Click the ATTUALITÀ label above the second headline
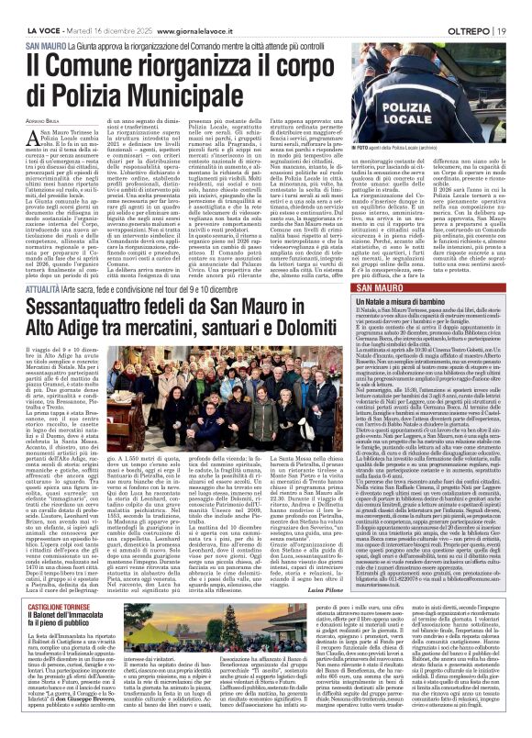coord(43,236)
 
